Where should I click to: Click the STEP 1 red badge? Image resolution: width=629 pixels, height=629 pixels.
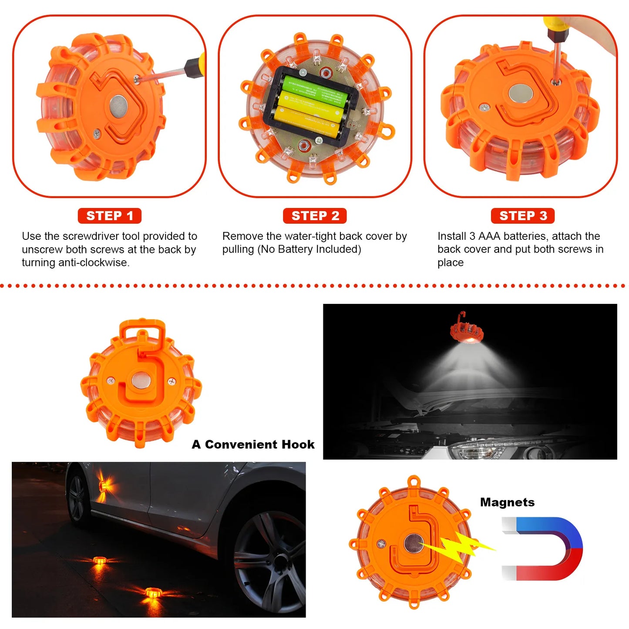[x=109, y=215]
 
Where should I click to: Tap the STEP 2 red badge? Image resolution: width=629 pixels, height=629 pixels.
[x=315, y=215]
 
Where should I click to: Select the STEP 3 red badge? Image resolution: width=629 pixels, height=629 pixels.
[x=523, y=215]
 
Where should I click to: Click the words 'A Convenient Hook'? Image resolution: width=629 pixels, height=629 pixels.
[x=253, y=444]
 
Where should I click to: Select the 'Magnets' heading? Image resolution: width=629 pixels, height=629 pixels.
[x=507, y=502]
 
